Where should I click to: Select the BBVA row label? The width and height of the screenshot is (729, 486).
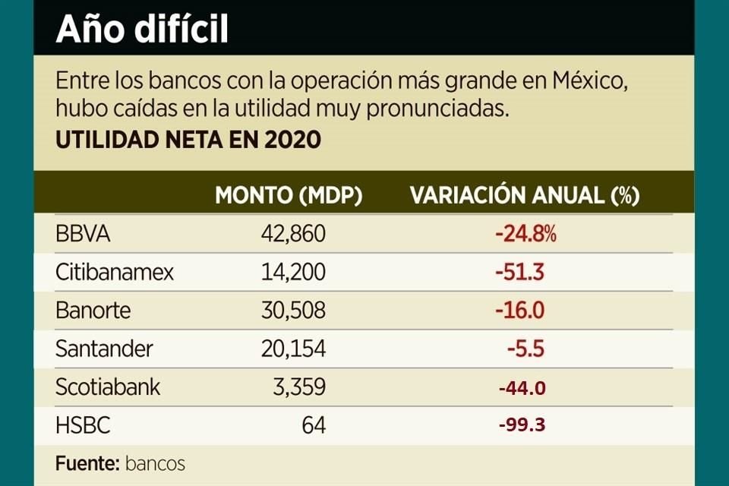point(83,234)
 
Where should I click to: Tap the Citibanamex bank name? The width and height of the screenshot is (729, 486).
point(115,272)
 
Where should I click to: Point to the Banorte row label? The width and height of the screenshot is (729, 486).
point(93,311)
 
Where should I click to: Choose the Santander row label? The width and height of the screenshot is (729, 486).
point(104,349)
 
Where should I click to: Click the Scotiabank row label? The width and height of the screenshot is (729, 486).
point(108,387)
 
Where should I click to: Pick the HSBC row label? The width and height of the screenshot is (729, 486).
point(83,425)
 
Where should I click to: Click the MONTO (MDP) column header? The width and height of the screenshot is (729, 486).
point(289,195)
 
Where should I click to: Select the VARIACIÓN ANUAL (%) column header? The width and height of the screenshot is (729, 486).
point(525,195)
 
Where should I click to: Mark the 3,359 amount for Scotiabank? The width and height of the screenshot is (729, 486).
point(300,387)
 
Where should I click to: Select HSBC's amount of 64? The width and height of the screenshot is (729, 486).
point(313,425)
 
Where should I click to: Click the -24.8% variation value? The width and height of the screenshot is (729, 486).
point(525,234)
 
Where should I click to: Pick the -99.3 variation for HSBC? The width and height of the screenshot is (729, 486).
point(522,425)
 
